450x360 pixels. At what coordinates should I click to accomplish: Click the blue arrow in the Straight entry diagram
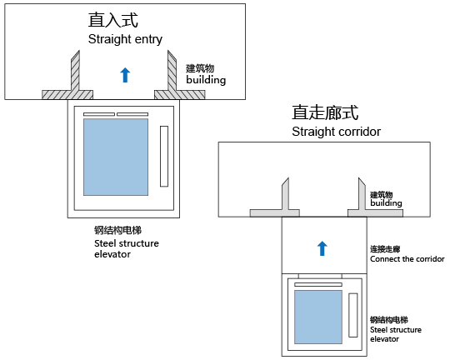(x=125, y=75)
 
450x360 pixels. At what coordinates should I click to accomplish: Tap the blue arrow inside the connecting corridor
(x=322, y=248)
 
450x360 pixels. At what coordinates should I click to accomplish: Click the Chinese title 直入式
(x=113, y=20)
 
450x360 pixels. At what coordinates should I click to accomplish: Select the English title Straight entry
(x=125, y=39)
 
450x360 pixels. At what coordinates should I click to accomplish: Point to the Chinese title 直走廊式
(x=325, y=112)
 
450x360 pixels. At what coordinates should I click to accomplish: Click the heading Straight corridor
(x=336, y=132)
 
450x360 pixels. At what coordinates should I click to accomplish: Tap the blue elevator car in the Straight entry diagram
(x=116, y=157)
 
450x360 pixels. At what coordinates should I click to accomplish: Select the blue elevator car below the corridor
(x=318, y=317)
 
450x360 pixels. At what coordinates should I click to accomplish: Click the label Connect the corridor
(x=407, y=259)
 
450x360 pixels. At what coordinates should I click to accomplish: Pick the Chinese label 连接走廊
(x=385, y=249)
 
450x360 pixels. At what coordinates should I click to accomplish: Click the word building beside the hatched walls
(x=206, y=80)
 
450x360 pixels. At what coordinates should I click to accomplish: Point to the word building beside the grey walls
(x=386, y=203)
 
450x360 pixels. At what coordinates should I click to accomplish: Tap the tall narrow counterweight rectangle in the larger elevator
(x=164, y=156)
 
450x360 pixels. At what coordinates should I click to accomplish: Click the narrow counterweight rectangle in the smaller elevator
(x=353, y=315)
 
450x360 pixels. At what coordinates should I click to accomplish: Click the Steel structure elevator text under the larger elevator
(x=127, y=248)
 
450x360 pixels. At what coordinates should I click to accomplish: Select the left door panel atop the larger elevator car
(x=99, y=114)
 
